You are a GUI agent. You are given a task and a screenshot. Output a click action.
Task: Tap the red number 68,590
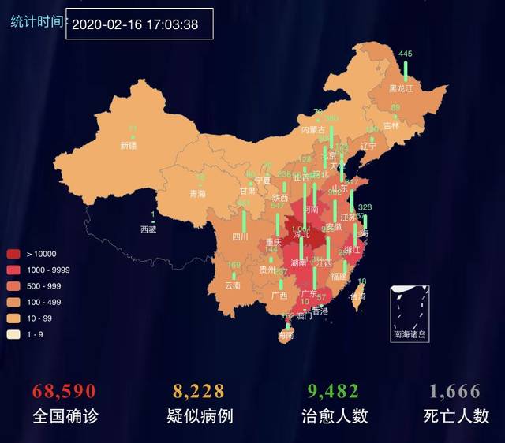tap(64, 392)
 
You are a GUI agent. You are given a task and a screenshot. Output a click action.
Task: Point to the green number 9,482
tap(331, 392)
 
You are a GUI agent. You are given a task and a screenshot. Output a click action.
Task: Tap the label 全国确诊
tap(65, 416)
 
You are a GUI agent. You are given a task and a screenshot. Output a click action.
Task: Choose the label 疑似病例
tap(200, 416)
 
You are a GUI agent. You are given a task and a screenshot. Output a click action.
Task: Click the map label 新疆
tap(128, 146)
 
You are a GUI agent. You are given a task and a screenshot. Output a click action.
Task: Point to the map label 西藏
tap(148, 229)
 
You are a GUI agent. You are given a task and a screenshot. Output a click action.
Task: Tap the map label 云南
tap(232, 285)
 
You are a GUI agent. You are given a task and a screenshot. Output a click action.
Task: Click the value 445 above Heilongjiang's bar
tap(406, 54)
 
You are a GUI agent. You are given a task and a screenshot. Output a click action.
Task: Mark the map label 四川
tap(240, 236)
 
